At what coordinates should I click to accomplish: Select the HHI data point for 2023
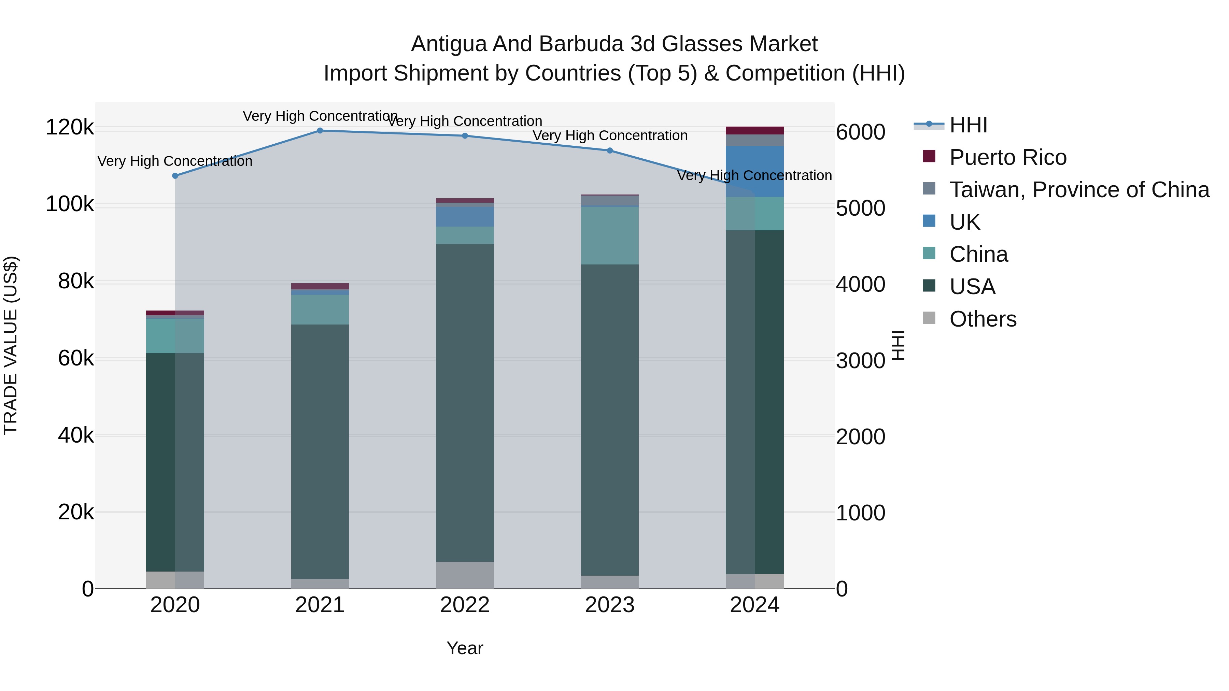[x=610, y=151]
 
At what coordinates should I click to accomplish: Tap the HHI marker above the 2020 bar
[x=175, y=176]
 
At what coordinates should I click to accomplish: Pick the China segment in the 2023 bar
[x=610, y=235]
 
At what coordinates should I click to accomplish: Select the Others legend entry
[x=983, y=319]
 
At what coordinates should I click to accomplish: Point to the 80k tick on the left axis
[x=76, y=282]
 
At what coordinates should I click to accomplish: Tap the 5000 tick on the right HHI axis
[x=860, y=208]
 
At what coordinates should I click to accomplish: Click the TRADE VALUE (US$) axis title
[x=11, y=345]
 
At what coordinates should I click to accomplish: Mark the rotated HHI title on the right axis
[x=898, y=345]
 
